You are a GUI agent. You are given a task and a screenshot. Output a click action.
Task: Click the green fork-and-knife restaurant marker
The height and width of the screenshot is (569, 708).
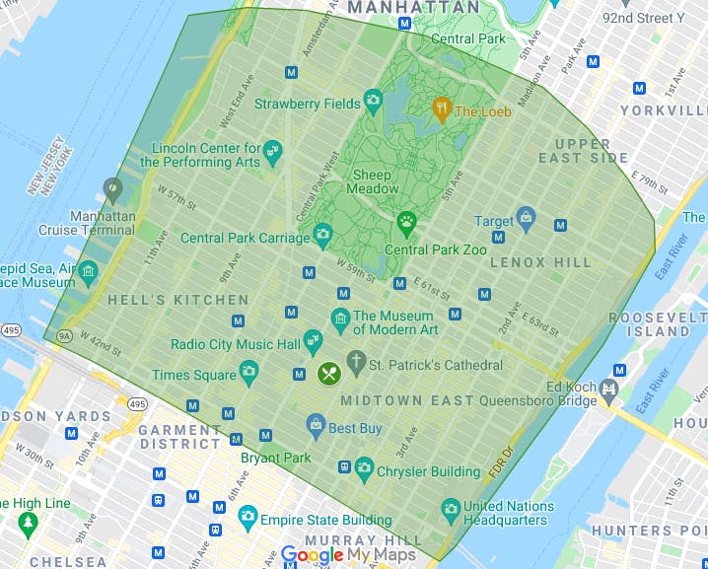click(328, 373)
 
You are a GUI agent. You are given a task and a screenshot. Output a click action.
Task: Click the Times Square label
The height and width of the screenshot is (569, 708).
click(193, 375)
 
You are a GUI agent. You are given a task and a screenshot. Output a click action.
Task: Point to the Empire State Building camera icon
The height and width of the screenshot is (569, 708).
click(248, 516)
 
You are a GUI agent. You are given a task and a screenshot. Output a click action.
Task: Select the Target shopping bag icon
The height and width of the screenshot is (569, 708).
click(526, 216)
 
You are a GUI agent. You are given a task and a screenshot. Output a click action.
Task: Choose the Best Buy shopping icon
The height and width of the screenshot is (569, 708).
click(316, 427)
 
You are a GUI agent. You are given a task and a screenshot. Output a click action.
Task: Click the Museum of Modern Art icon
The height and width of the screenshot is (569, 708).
click(340, 318)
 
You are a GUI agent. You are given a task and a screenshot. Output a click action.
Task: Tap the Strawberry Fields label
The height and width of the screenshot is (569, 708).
click(307, 104)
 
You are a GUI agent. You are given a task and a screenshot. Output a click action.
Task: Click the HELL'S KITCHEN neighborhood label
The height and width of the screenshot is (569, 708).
click(178, 300)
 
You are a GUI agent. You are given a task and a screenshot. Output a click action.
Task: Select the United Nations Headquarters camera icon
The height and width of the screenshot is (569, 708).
click(449, 506)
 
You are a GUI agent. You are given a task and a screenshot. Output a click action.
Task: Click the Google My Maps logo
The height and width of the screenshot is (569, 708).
click(347, 555)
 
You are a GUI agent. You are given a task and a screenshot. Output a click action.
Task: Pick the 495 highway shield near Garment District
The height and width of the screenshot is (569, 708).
click(137, 405)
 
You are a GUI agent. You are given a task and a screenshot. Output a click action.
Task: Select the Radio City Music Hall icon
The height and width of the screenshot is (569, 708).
click(313, 341)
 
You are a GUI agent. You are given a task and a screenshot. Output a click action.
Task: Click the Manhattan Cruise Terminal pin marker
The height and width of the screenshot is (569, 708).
click(112, 187)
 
